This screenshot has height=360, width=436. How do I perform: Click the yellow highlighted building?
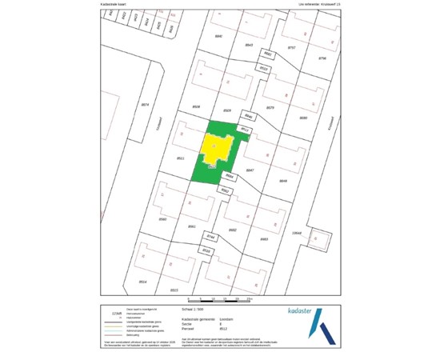(217, 150)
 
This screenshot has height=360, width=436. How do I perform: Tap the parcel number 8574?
(145, 105)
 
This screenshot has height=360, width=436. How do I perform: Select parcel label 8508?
(196, 106)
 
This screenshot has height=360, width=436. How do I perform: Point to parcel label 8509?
(226, 110)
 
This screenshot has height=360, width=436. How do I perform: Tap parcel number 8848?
(282, 181)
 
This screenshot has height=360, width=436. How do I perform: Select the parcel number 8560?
(162, 218)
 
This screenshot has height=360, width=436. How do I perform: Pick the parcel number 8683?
(264, 238)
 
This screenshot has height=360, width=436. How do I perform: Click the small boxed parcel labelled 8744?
(211, 237)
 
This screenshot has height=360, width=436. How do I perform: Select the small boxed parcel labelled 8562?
(226, 190)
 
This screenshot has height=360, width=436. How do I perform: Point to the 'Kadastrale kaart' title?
(114, 4)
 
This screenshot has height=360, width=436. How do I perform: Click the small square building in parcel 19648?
(320, 238)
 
